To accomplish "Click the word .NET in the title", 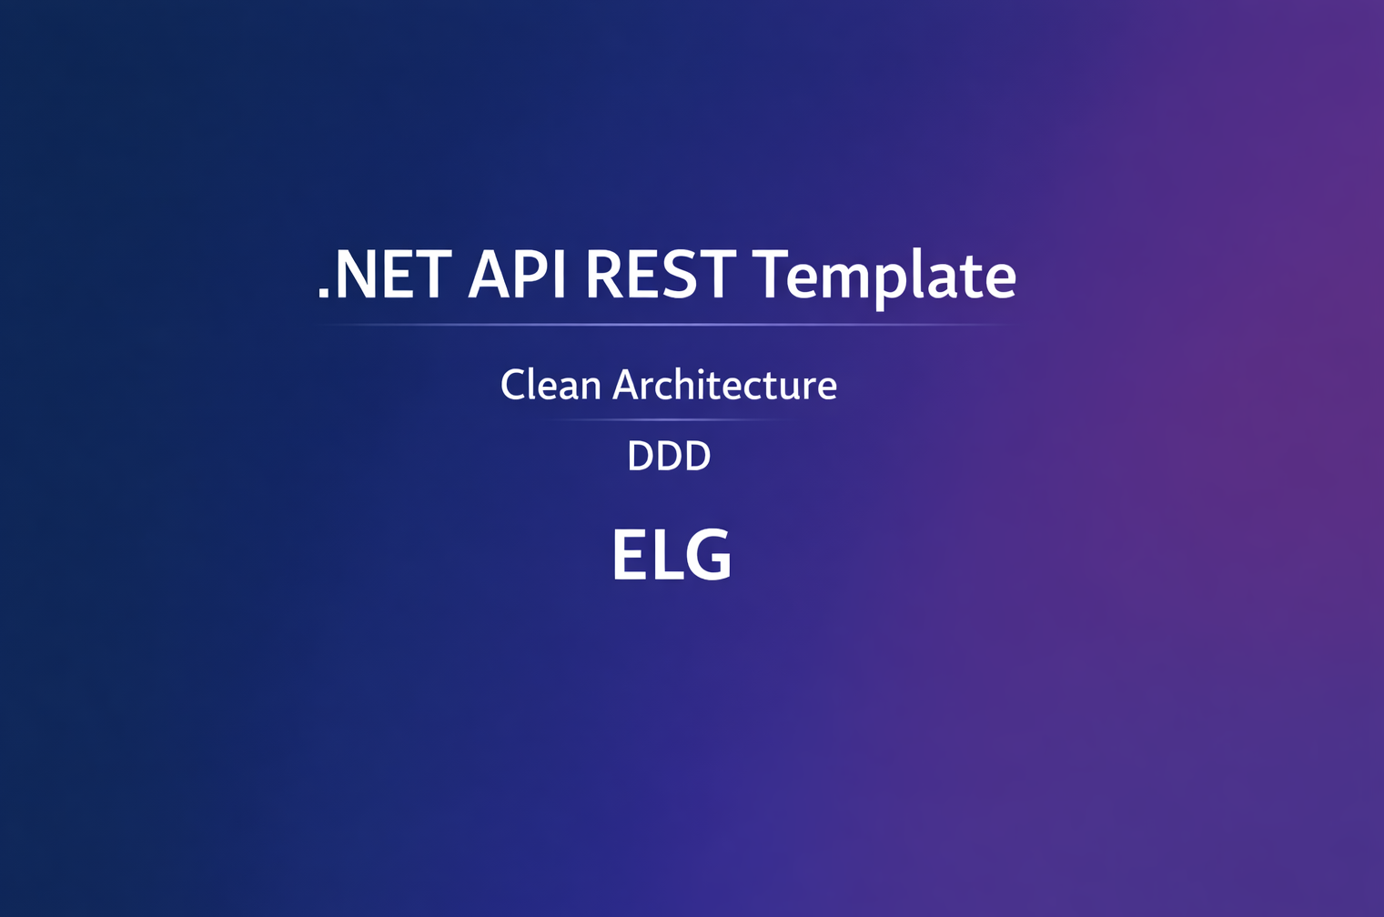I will (x=384, y=275).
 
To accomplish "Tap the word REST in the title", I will (x=660, y=275).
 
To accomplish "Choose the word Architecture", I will (x=724, y=386).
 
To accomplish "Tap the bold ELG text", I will (x=672, y=555).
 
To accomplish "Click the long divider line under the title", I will (x=667, y=325).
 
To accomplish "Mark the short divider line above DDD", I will (x=669, y=419).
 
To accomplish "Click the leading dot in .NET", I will (x=323, y=293).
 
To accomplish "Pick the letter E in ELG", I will (x=629, y=555).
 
